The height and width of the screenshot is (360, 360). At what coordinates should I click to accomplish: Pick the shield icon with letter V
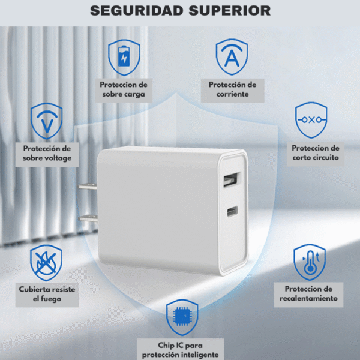tap(46, 120)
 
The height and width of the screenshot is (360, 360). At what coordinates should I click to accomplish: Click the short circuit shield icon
tap(311, 119)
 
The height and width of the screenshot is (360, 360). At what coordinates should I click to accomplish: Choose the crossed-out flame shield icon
tap(46, 263)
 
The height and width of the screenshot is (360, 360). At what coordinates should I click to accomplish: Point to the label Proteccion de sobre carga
tap(124, 89)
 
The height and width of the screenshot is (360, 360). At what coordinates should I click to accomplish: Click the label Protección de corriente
tap(232, 89)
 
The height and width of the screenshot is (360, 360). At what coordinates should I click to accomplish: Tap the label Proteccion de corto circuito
tap(316, 152)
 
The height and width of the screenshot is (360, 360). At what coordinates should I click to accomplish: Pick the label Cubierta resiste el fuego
tap(47, 293)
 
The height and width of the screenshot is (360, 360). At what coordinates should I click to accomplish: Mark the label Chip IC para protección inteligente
tap(181, 350)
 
